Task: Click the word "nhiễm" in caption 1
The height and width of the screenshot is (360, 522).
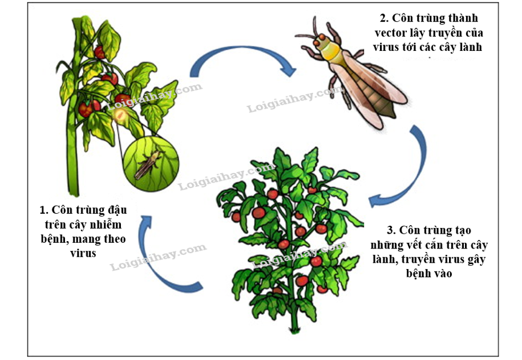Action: coord(105,224)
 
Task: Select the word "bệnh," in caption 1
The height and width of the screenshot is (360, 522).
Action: coord(56,239)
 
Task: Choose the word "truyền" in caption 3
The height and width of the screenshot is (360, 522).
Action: coord(420,259)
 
